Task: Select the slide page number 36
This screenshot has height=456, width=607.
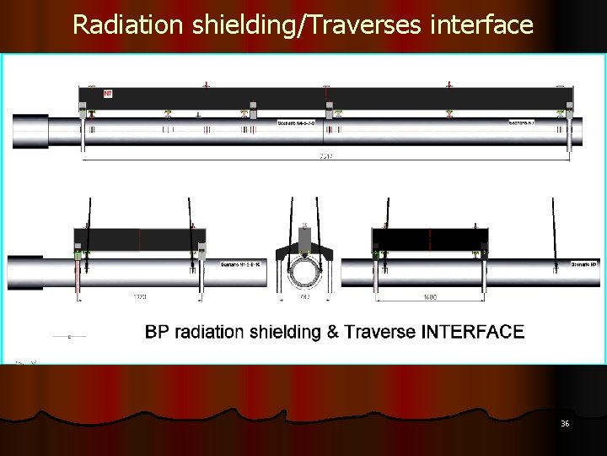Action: pos(565,423)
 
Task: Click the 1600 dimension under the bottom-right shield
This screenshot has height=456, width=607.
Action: pos(430,297)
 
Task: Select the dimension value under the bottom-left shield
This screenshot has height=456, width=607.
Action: pos(140,297)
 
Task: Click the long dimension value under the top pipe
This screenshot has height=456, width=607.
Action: pos(325,156)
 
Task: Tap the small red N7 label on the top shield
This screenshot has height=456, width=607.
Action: pos(108,94)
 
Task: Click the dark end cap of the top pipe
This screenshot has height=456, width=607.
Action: pos(30,131)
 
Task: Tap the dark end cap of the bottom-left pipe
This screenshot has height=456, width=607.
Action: pos(25,272)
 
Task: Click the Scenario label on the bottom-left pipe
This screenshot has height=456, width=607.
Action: pos(240,264)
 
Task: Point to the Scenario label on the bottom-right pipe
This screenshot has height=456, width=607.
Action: pos(583,264)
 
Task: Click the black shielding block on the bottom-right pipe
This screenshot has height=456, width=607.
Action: pos(430,239)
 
